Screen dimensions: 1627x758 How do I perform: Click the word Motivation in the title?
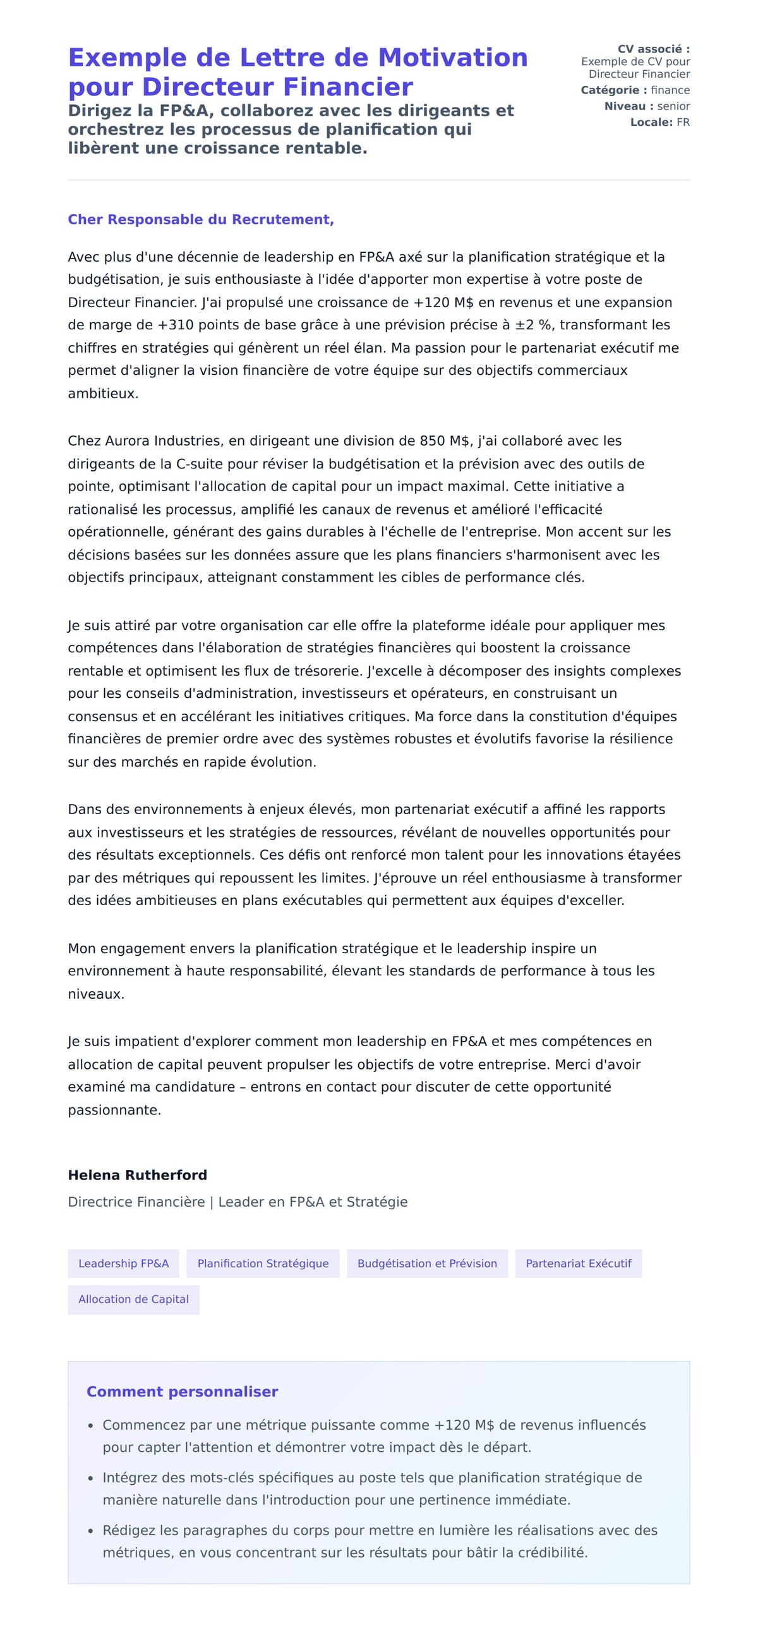pos(452,58)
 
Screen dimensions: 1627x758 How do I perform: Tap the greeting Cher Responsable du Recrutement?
pos(201,219)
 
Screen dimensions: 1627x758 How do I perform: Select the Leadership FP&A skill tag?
pos(123,1263)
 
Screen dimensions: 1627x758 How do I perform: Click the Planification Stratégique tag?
pos(263,1263)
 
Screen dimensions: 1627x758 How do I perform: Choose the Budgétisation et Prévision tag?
pos(427,1263)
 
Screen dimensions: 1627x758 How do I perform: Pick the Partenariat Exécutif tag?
pos(578,1263)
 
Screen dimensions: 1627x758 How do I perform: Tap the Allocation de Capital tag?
pos(133,1299)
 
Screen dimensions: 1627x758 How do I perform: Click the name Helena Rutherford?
pos(137,1175)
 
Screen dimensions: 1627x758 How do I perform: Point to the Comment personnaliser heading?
pos(182,1391)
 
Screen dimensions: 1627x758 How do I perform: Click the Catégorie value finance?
pos(670,90)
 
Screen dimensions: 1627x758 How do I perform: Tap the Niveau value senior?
pos(673,106)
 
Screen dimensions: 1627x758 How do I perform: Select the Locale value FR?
pos(683,122)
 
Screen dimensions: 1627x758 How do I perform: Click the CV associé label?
pos(653,49)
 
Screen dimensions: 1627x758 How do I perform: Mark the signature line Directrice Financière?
pos(136,1202)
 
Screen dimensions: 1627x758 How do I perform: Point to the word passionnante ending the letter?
pos(114,1110)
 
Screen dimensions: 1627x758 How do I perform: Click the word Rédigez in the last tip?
pos(129,1530)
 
